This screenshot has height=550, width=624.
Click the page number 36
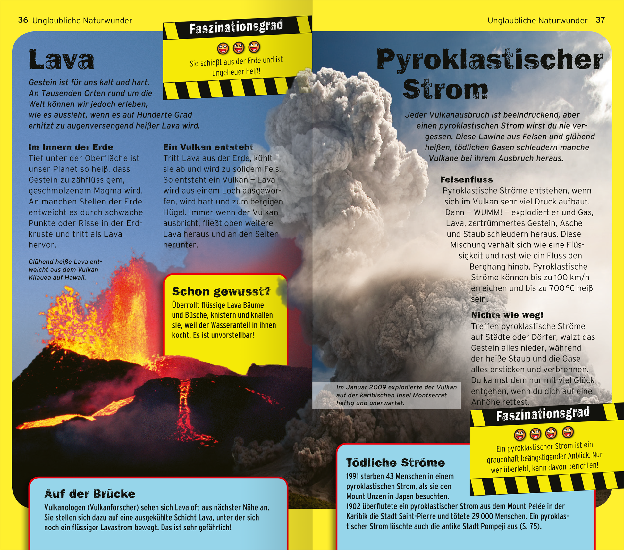click(x=23, y=20)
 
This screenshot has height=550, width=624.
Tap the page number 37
click(x=600, y=20)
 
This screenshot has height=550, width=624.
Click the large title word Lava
click(x=61, y=60)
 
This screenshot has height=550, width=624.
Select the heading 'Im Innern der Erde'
click(x=71, y=147)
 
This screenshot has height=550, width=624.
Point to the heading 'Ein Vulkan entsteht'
click(x=208, y=147)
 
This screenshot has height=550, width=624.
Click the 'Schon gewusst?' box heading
click(x=221, y=291)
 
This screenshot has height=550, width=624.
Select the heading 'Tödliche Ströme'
click(x=395, y=463)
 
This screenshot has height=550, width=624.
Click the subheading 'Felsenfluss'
click(x=466, y=179)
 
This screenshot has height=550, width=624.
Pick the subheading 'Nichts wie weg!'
click(x=507, y=315)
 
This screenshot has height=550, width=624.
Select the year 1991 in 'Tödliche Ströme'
click(x=353, y=476)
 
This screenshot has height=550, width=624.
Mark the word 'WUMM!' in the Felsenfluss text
click(x=488, y=213)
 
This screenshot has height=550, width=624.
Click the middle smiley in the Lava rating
click(x=238, y=48)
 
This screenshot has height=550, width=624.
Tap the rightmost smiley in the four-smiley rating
click(x=568, y=432)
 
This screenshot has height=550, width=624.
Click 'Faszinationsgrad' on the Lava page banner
click(x=236, y=27)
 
